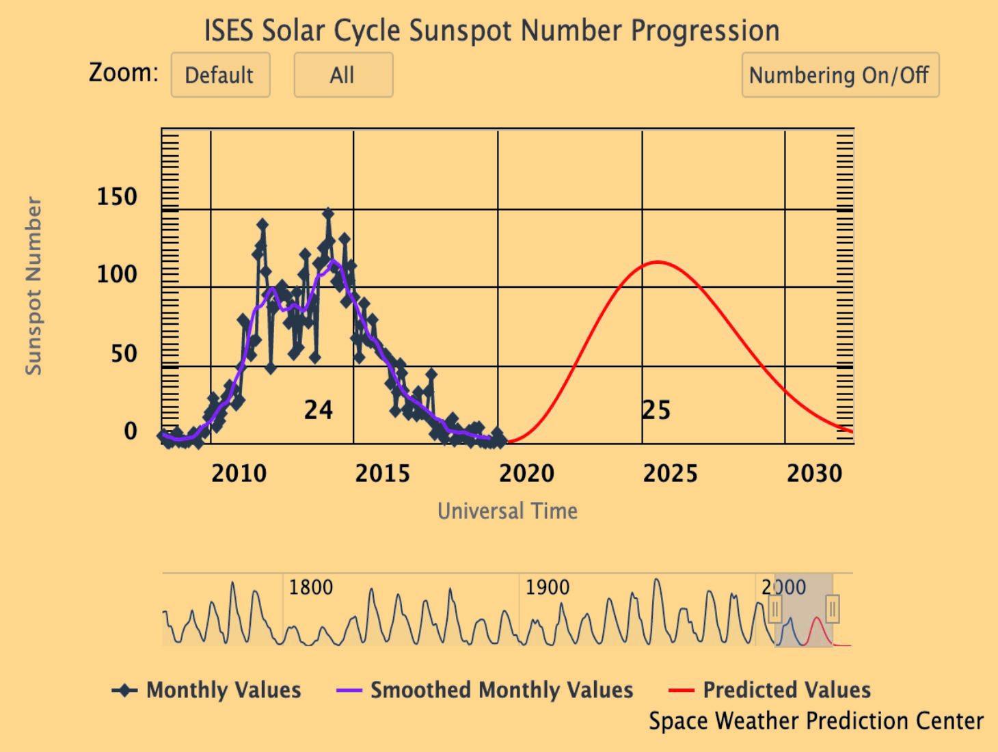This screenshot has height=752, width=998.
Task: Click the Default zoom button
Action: [x=220, y=75]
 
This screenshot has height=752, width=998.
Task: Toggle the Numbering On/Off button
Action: [x=839, y=75]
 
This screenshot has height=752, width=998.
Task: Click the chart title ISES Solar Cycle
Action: [x=491, y=31]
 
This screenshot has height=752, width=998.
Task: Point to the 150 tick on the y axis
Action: [x=117, y=197]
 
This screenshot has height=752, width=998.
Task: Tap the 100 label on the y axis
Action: [x=117, y=275]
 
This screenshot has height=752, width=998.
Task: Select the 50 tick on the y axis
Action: [x=124, y=354]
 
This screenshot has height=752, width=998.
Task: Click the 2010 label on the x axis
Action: [x=239, y=473]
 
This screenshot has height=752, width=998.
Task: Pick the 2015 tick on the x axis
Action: [x=382, y=473]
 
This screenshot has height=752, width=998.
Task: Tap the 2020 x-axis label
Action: [x=526, y=473]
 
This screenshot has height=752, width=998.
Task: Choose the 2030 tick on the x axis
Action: [x=814, y=473]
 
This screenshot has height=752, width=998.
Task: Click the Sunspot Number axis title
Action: [x=34, y=286]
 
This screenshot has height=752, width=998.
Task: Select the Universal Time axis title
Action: [x=507, y=511]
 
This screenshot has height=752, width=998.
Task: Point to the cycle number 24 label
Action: [x=319, y=410]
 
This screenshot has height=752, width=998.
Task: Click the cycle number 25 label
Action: [x=656, y=410]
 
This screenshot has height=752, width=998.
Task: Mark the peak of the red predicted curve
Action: [x=657, y=262]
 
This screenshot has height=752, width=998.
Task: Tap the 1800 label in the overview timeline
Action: [x=310, y=587]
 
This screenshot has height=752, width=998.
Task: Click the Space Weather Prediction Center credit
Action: [x=815, y=721]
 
